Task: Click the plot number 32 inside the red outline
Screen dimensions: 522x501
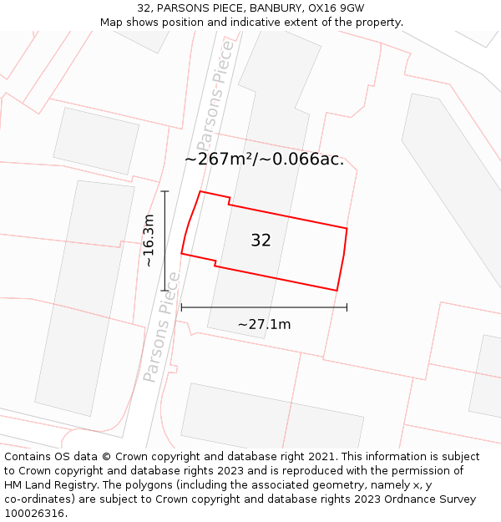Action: click(x=261, y=241)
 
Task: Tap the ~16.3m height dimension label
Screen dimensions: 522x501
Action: click(x=149, y=241)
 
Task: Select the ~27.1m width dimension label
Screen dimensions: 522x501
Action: click(x=264, y=324)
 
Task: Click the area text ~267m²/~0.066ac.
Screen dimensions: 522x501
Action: click(x=264, y=159)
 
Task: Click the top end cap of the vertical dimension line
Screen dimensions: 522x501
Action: click(x=165, y=191)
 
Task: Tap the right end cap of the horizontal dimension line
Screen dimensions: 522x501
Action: click(x=347, y=307)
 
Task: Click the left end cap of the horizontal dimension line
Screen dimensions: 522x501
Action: click(x=181, y=307)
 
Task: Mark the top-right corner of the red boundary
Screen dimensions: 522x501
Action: click(x=347, y=228)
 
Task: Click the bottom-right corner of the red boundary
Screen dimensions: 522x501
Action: click(x=337, y=291)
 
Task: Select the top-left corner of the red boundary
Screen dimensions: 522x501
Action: click(x=200, y=192)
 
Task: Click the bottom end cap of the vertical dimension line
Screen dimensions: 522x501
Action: click(x=165, y=291)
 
